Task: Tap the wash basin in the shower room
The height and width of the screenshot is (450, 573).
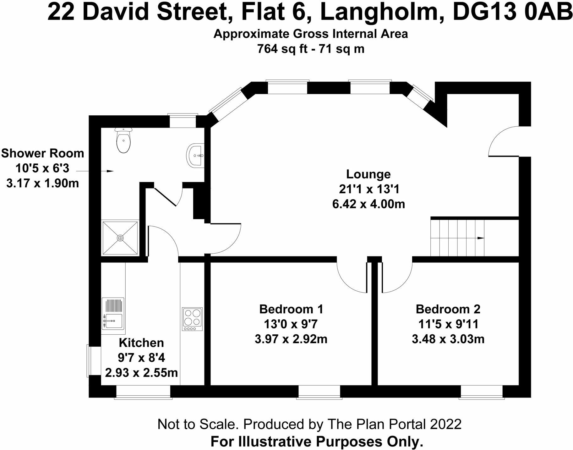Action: pyautogui.click(x=195, y=155)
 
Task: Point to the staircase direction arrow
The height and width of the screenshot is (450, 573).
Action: pyautogui.click(x=480, y=238)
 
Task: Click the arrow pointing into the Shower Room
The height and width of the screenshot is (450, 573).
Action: pyautogui.click(x=109, y=171)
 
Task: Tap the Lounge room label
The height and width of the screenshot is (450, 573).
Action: pyautogui.click(x=368, y=174)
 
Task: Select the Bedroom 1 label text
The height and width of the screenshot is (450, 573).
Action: pyautogui.click(x=291, y=309)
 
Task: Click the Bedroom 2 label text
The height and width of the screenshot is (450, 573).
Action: pyautogui.click(x=448, y=309)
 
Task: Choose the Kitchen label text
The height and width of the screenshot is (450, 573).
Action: pyautogui.click(x=141, y=343)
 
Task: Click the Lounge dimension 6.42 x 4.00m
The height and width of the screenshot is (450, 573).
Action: pyautogui.click(x=368, y=204)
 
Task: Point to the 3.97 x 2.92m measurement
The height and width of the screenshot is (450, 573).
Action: pyautogui.click(x=291, y=339)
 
